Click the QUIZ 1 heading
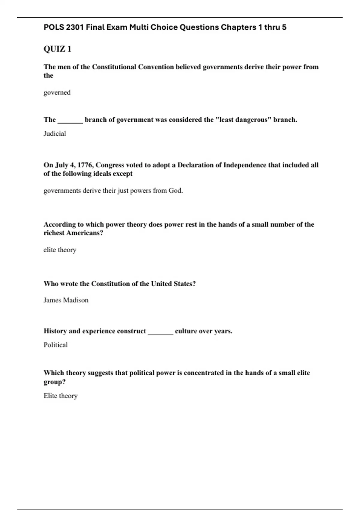(x=57, y=49)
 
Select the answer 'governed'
(x=57, y=92)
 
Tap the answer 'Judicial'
(x=55, y=133)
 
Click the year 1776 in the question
(x=85, y=165)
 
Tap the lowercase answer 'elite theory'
(x=60, y=250)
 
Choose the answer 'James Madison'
(x=66, y=300)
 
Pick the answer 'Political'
(x=55, y=345)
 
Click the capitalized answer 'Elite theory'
(x=61, y=396)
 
